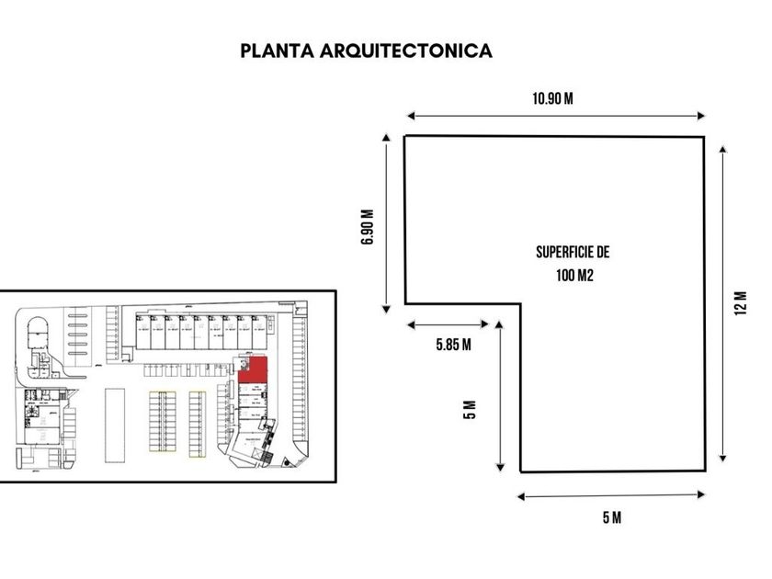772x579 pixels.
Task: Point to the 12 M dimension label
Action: coord(742,302)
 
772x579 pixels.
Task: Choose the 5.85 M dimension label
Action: coord(454,345)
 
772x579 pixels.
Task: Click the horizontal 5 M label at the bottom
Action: coord(611,517)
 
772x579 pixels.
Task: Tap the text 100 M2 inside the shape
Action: coord(572,274)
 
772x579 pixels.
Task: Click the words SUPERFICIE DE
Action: coord(573,251)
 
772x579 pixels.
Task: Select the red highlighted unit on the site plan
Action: coord(254,370)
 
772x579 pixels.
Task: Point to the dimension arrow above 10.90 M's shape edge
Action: coord(555,116)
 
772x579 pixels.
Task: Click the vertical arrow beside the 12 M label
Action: coord(724,303)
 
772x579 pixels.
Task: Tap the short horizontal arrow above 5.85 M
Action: coord(448,324)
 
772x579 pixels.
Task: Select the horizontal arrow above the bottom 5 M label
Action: coord(611,496)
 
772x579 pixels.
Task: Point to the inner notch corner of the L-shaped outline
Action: coord(521,304)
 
